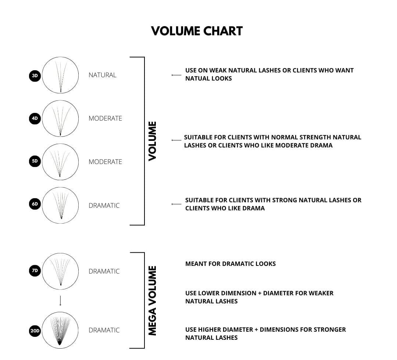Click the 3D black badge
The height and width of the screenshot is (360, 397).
click(x=35, y=76)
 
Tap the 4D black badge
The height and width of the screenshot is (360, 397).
click(x=35, y=119)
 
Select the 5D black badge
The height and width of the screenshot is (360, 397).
click(x=35, y=161)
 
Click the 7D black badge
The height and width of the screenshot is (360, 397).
click(x=35, y=271)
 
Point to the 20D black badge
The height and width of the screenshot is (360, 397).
click(x=35, y=331)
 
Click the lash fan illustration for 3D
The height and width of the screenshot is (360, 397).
click(x=60, y=75)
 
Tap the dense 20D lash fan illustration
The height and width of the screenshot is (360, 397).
click(x=60, y=330)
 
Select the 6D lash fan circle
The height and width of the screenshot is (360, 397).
click(x=60, y=205)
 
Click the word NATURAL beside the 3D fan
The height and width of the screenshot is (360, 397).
click(x=102, y=75)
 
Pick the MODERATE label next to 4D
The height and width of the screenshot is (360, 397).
click(x=105, y=118)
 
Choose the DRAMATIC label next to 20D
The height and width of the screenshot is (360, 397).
click(x=104, y=330)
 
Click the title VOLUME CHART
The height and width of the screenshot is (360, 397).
click(x=197, y=31)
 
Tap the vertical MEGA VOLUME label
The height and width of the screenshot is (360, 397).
click(x=152, y=300)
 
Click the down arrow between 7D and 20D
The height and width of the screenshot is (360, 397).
click(x=60, y=300)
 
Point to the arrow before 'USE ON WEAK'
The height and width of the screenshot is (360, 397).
click(x=176, y=75)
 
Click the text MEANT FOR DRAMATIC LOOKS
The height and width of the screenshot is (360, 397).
click(x=230, y=264)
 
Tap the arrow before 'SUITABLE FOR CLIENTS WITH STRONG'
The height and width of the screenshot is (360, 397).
click(x=176, y=204)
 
